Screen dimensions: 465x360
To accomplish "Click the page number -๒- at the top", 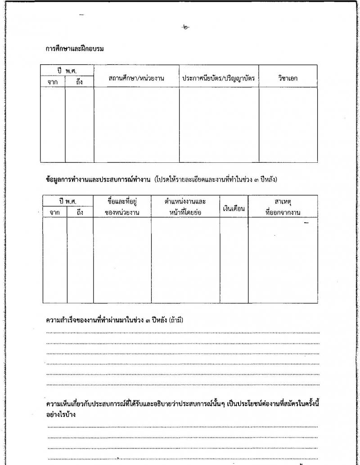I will (x=185, y=27).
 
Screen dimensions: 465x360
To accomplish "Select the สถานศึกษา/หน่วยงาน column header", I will (x=136, y=78).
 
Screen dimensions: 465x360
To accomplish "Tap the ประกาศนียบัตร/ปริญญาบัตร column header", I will (x=219, y=78).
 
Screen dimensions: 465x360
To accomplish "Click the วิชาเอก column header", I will (x=288, y=78).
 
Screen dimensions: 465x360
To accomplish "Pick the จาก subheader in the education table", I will (x=53, y=82).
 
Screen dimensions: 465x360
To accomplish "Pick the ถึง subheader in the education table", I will (x=79, y=82).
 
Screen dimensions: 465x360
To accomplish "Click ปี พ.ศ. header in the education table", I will (x=67, y=71).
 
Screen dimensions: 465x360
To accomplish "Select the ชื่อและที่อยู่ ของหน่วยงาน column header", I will (x=121, y=206).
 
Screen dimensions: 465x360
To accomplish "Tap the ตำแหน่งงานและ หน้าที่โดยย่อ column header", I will (x=185, y=206).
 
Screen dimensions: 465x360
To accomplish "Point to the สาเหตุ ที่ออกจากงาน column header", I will (x=283, y=206).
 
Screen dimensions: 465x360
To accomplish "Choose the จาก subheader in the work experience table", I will (x=55, y=212).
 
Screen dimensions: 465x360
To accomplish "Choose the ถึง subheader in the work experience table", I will (x=80, y=212).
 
